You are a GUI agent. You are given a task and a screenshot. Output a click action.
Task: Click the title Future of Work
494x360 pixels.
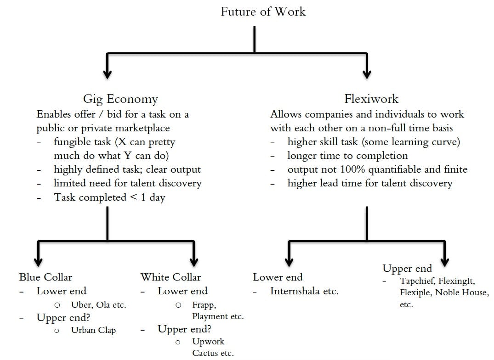click(263, 11)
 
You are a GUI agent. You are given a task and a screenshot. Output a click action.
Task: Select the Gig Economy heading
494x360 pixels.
click(120, 99)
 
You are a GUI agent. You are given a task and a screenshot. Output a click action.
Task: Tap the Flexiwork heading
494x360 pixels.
click(371, 99)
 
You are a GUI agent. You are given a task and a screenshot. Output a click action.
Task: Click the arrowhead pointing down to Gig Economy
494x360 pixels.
click(108, 74)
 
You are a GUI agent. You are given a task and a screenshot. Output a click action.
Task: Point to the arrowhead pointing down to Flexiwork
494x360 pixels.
click(367, 74)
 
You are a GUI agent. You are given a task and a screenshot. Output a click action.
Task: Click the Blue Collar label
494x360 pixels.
click(45, 277)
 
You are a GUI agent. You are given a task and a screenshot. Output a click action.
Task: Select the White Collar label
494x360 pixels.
click(170, 277)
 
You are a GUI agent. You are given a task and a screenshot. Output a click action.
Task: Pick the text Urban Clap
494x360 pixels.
click(93, 330)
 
